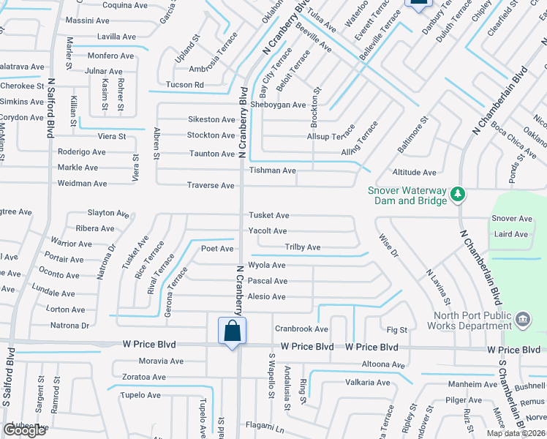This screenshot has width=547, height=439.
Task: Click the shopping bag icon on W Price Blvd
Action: tap(232, 331)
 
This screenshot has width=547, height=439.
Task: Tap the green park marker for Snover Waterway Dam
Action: tap(458, 194)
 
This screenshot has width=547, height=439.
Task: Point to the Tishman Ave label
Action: tap(272, 170)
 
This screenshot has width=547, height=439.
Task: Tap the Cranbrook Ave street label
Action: tap(301, 329)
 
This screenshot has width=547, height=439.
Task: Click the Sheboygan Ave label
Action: tap(278, 105)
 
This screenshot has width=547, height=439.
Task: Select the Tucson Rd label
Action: tap(184, 85)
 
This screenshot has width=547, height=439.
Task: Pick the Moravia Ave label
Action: tap(161, 361)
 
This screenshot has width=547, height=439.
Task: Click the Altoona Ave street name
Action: tap(382, 364)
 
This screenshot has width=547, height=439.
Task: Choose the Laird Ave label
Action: tap(510, 235)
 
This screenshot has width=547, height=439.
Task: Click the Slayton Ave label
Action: tap(108, 213)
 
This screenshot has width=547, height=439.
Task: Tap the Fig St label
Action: tap(397, 331)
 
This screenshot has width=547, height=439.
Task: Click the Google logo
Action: tap(24, 430)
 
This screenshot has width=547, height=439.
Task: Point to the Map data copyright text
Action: tap(515, 433)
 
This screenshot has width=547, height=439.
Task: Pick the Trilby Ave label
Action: tap(302, 247)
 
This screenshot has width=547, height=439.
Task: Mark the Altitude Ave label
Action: tap(414, 173)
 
